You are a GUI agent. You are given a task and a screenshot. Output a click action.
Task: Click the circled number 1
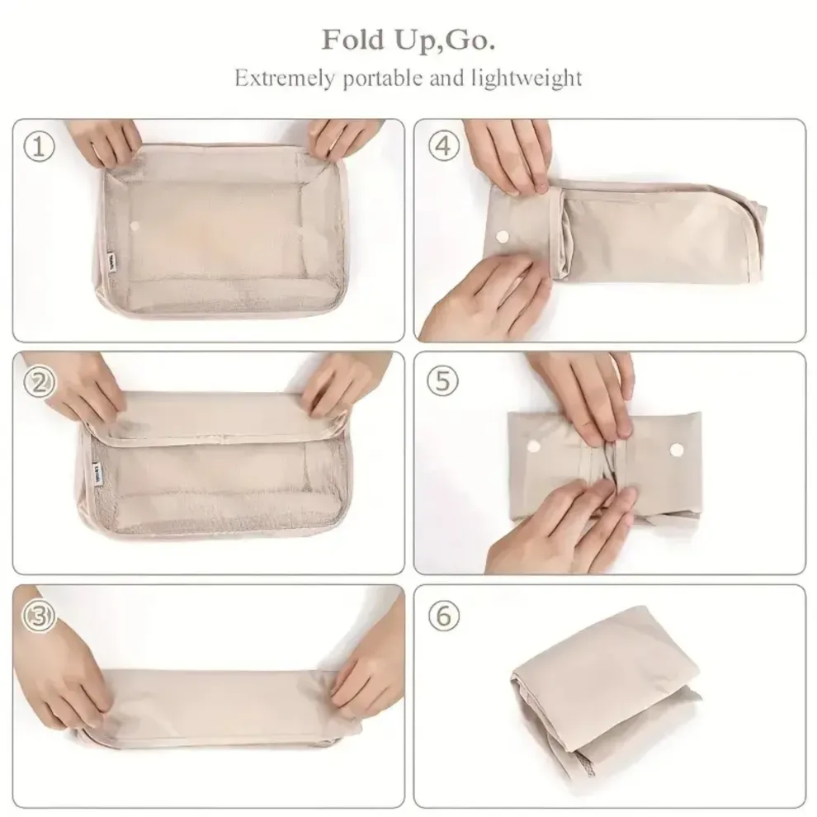coord(40,148)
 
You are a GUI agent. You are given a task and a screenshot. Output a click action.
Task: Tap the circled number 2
coord(40,381)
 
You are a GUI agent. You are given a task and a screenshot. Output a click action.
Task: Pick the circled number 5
coord(443,380)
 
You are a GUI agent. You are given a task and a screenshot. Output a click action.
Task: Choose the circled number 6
coord(443,615)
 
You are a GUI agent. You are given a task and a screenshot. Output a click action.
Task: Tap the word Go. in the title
coord(468,39)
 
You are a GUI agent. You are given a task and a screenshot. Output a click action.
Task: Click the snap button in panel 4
coord(501,236)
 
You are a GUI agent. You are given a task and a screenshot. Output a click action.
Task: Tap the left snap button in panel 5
coord(532,446)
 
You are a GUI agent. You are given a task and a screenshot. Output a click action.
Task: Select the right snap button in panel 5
coord(678,449)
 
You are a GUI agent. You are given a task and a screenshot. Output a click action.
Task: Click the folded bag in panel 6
coord(602,677)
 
